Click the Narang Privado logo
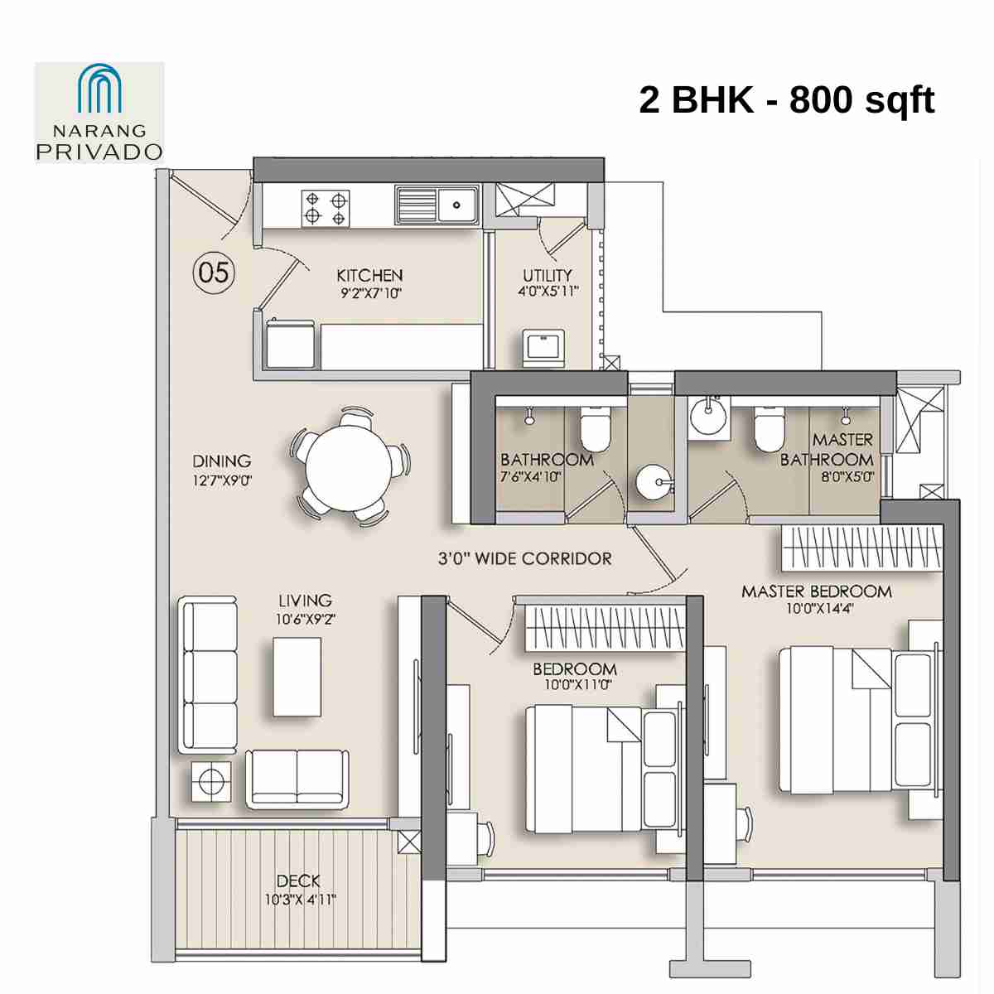pos(99,112)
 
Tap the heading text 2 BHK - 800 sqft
pos(786,100)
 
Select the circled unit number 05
pos(214,272)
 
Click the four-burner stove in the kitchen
pos(325,208)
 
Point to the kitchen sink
pos(437,205)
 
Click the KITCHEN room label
pos(369,275)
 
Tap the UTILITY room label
pos(547,275)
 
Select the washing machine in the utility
pos(543,347)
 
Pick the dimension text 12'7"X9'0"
pos(221,480)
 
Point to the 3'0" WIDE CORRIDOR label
pos(524,558)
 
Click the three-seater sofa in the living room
pos(208,675)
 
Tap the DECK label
pos(298,881)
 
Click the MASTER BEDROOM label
pos(816,591)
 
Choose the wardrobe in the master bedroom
pos(862,548)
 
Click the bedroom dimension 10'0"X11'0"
pos(574,685)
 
